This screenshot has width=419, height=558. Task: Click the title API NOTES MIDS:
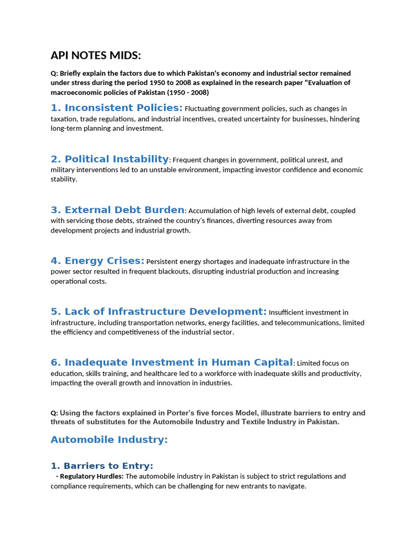(x=95, y=55)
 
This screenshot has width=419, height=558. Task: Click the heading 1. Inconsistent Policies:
(x=116, y=108)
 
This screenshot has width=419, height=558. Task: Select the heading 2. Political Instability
(x=110, y=159)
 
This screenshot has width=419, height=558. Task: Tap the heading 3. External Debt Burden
(x=117, y=210)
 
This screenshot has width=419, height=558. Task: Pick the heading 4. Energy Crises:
(x=97, y=260)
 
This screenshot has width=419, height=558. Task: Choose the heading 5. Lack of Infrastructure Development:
(x=158, y=312)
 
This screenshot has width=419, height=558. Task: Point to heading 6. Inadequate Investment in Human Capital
(x=172, y=362)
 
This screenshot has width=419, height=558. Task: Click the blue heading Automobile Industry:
(x=109, y=440)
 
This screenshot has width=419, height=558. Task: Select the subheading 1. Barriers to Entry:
(x=101, y=466)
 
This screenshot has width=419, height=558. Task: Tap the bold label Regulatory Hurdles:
(x=92, y=476)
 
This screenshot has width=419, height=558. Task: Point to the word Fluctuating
(x=204, y=108)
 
